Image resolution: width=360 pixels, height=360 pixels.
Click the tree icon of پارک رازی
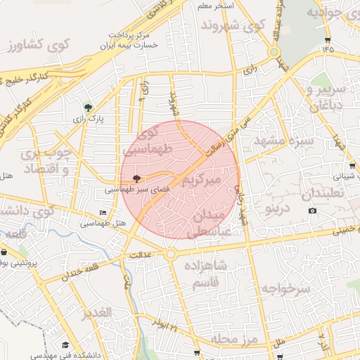pos(87,108)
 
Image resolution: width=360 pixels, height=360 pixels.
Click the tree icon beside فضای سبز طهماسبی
pos(136,179)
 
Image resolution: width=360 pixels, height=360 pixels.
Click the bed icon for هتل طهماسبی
pos(104,212)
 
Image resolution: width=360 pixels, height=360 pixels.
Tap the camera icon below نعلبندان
pos(312,210)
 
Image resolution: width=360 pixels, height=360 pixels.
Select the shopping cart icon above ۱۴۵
pos(328,39)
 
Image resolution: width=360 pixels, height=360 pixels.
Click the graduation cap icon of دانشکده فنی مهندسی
pos(65,345)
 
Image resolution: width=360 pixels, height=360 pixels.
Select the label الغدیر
pos(98,313)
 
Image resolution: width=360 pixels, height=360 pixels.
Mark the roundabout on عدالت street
pos(170,253)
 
